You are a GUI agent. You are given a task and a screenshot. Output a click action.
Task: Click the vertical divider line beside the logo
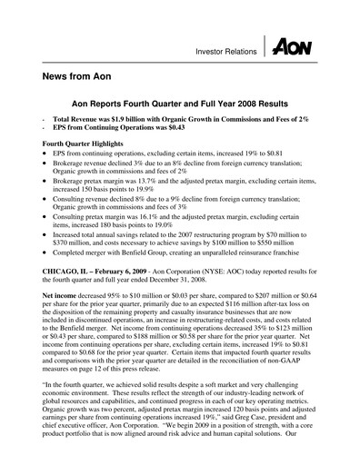(265, 43)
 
